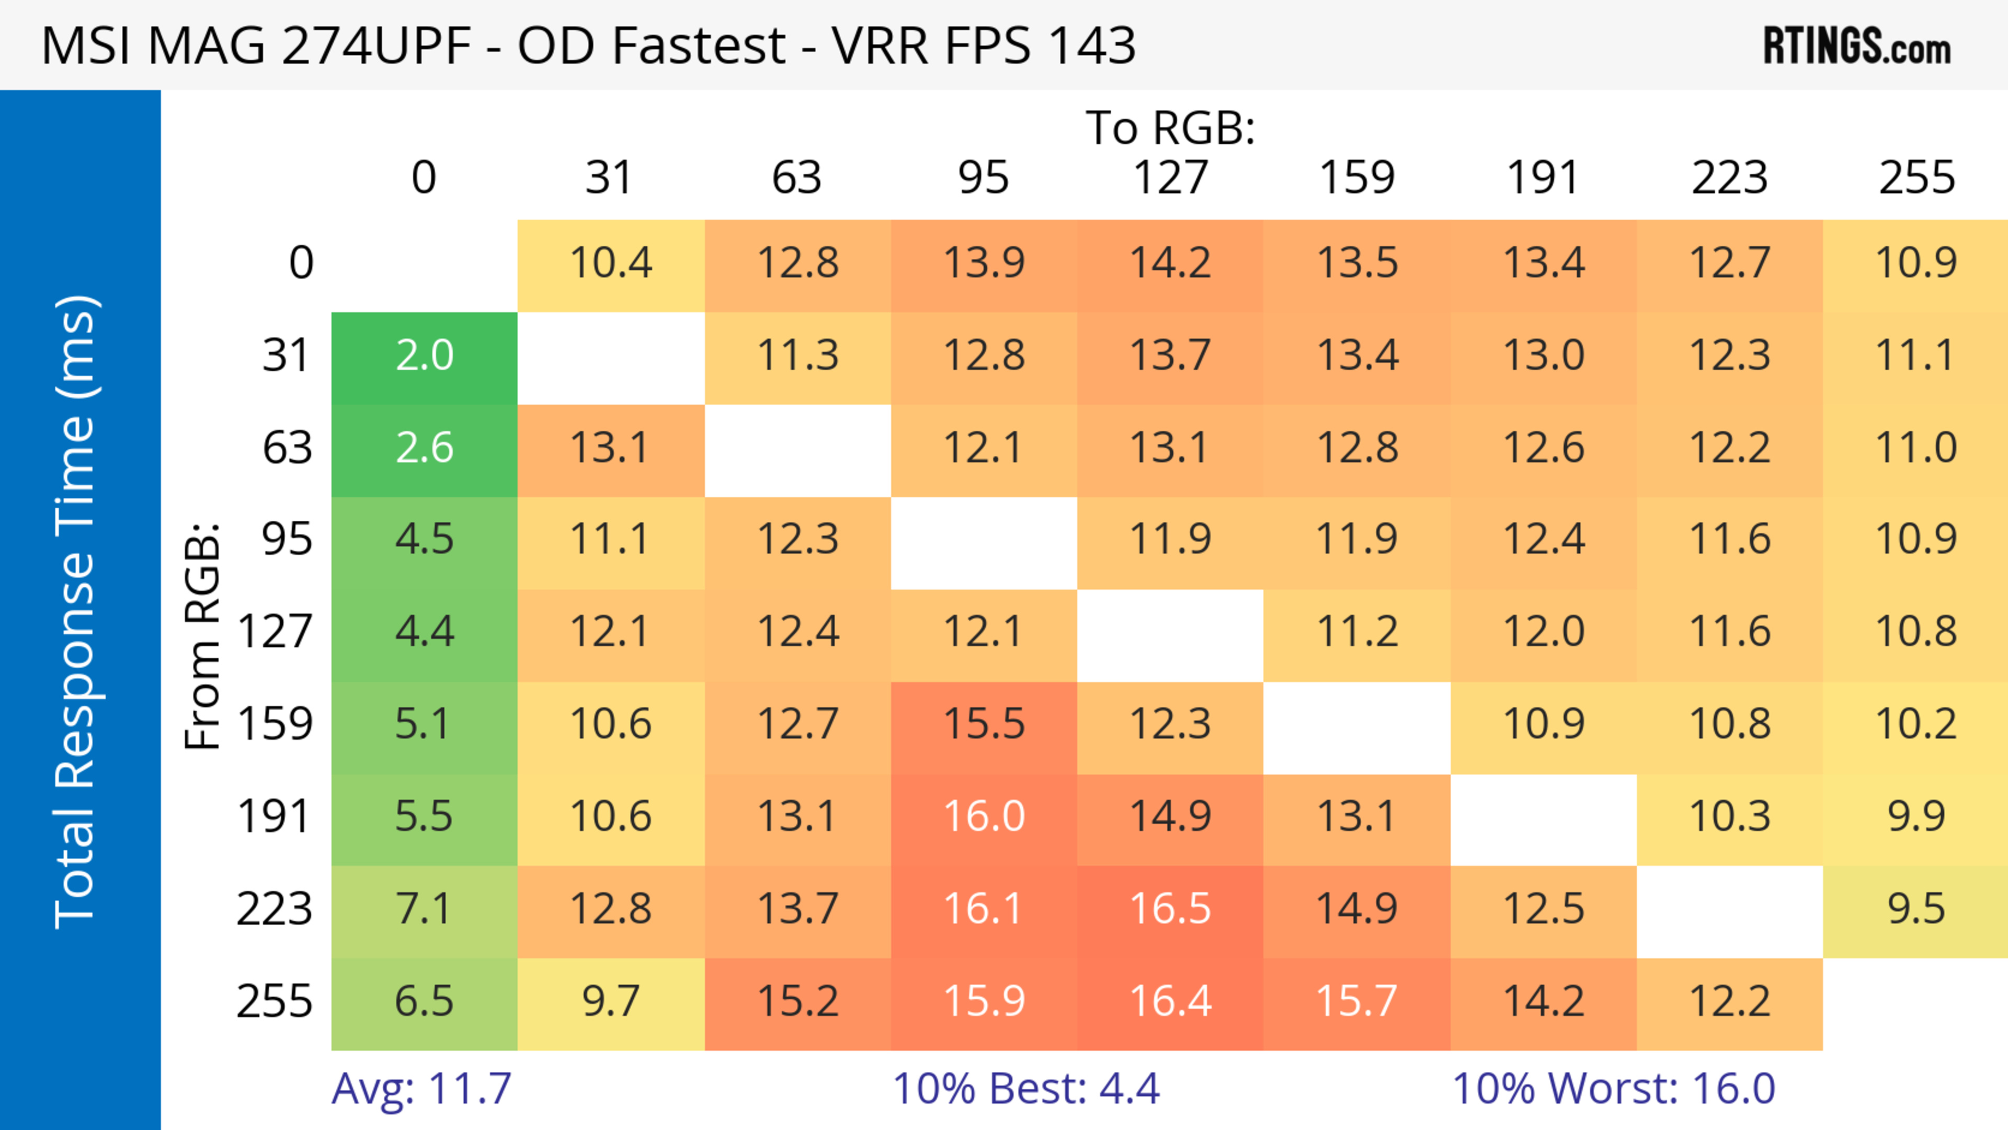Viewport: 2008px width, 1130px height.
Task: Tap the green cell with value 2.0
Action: pyautogui.click(x=424, y=356)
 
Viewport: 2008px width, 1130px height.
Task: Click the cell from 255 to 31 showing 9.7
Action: pyautogui.click(x=610, y=1001)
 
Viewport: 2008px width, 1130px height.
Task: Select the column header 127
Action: pyautogui.click(x=1170, y=178)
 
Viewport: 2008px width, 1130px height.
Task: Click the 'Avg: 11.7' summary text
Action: pyautogui.click(x=421, y=1089)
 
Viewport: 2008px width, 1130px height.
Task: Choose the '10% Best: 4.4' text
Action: pyautogui.click(x=1026, y=1089)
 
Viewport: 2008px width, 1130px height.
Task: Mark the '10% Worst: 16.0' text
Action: pyautogui.click(x=1614, y=1089)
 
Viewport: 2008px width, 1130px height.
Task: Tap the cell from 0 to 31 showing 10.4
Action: pyautogui.click(x=610, y=264)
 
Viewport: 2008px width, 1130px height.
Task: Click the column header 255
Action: pyautogui.click(x=1916, y=178)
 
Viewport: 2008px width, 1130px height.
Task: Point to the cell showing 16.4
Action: pyautogui.click(x=1170, y=1001)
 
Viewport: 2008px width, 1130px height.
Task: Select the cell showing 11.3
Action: pyautogui.click(x=797, y=356)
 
